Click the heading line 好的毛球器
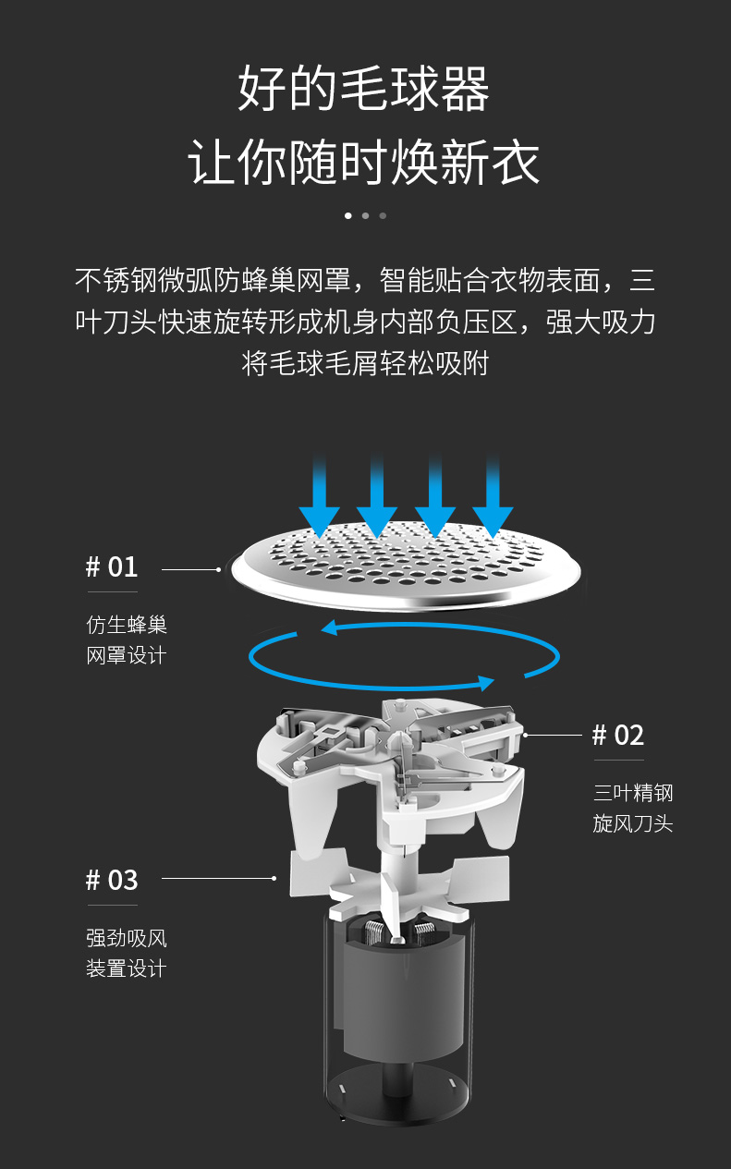pyautogui.click(x=364, y=88)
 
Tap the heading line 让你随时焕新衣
pyautogui.click(x=364, y=162)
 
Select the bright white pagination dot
pyautogui.click(x=348, y=215)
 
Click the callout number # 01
pyautogui.click(x=112, y=566)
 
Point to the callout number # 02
pyautogui.click(x=618, y=736)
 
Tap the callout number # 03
pyautogui.click(x=112, y=880)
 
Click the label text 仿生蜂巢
pyautogui.click(x=127, y=625)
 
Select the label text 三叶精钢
pyautogui.click(x=633, y=793)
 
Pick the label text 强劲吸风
pyautogui.click(x=127, y=938)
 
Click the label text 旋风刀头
pyautogui.click(x=633, y=823)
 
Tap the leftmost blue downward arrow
pyautogui.click(x=320, y=495)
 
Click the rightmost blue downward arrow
pyautogui.click(x=493, y=495)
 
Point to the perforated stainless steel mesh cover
pyautogui.click(x=406, y=566)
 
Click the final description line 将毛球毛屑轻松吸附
pyautogui.click(x=365, y=363)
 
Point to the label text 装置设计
pyautogui.click(x=127, y=968)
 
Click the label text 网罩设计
pyautogui.click(x=127, y=655)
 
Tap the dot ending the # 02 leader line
pyautogui.click(x=526, y=735)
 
